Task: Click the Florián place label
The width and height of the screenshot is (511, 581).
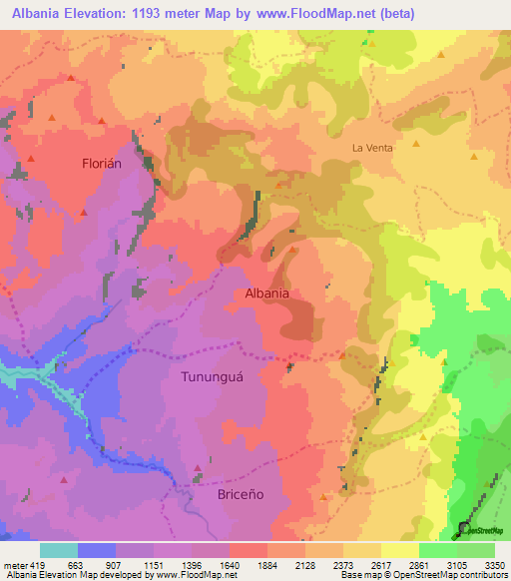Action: point(101,165)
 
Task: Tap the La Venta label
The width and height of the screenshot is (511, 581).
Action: point(372,147)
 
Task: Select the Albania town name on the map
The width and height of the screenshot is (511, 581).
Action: point(266,293)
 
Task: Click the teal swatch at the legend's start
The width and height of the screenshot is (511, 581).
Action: point(58,550)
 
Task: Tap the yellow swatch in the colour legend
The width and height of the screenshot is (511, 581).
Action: point(399,550)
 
